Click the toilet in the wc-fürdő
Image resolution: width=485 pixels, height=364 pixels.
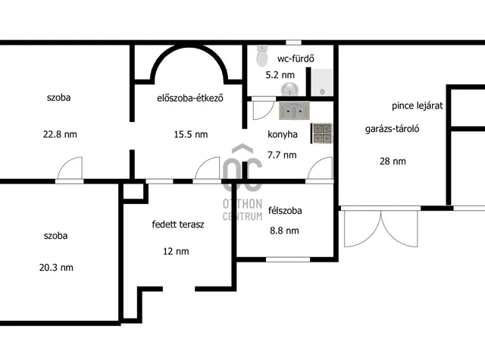pos(262,55)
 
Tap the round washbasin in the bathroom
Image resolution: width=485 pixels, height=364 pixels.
pos(289,89)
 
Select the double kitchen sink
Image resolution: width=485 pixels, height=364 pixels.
pos(294,111)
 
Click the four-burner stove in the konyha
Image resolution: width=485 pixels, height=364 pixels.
pos(321,133)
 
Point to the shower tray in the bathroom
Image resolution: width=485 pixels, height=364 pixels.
pos(321,83)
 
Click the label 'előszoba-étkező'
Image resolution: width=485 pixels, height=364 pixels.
pos(190,98)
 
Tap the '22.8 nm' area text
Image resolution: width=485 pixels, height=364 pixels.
pos(60,134)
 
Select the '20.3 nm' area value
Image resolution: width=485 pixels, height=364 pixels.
pos(56,268)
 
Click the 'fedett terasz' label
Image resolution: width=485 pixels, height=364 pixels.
pos(178,224)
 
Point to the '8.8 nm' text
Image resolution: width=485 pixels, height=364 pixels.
pos(284,231)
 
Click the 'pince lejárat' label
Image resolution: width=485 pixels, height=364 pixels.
pos(418,106)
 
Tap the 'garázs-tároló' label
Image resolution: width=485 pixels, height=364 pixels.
pos(392,129)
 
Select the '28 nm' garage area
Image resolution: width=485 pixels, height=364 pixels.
pos(393,162)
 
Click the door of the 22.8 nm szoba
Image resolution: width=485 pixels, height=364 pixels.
pos(70,170)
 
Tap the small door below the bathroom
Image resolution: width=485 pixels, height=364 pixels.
pos(263,108)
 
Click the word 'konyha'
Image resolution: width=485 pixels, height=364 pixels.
pos(283,134)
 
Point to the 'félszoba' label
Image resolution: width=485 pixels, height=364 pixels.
pos(285,211)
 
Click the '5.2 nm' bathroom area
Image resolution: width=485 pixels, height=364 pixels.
pos(280,75)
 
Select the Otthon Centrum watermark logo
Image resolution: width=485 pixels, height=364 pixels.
pos(242,183)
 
